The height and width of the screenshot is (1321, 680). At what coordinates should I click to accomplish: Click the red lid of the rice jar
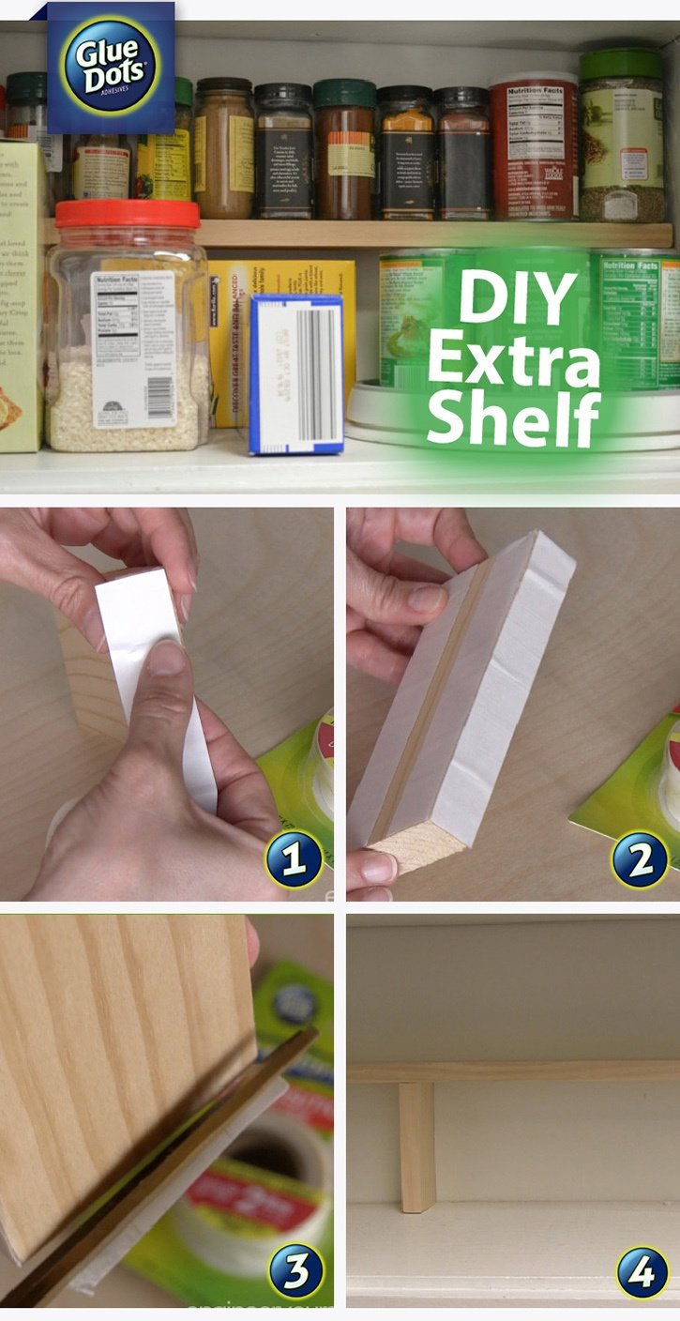[x=128, y=214]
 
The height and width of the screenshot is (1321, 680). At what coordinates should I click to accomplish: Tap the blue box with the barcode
[x=296, y=373]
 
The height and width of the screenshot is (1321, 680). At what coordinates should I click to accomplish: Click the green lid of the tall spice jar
[x=621, y=65]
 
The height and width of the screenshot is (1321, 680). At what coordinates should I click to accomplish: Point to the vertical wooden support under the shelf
[x=416, y=1146]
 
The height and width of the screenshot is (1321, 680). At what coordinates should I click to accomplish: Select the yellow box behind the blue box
[x=281, y=281]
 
